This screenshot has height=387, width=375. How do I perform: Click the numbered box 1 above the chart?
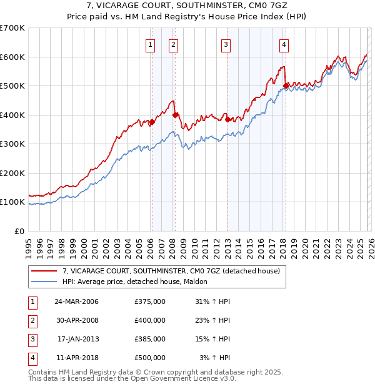coord(151,44)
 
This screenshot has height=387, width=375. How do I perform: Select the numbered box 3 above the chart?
coord(226,44)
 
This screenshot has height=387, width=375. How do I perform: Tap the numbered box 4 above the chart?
coord(284,44)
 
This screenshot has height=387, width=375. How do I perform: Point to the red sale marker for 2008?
coord(176,115)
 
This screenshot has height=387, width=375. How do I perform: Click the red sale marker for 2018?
coord(286,86)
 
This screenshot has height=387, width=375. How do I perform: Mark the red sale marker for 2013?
coord(227,119)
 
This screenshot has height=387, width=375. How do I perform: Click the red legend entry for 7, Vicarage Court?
coord(174,271)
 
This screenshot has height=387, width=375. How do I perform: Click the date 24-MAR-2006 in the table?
coord(77,301)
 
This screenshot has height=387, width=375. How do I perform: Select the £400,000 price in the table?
coord(150,320)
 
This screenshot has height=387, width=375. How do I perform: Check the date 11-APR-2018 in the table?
coord(77,358)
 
